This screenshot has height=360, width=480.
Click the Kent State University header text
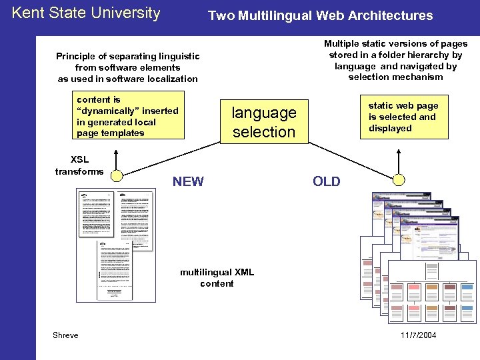click(86, 13)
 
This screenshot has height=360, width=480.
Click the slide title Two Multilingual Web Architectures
click(320, 15)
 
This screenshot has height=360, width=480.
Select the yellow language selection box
click(263, 122)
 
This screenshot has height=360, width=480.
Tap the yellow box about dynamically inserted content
click(128, 116)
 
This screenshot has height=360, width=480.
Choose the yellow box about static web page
click(403, 117)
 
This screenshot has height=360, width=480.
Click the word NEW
click(188, 181)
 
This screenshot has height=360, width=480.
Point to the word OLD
click(326, 181)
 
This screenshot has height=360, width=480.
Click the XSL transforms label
click(79, 165)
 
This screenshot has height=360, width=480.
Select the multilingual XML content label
click(217, 278)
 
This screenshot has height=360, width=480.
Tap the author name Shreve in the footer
click(65, 335)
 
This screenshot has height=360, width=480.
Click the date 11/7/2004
click(419, 335)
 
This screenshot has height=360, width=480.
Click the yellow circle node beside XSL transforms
click(117, 176)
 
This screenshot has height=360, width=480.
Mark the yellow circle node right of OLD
click(399, 179)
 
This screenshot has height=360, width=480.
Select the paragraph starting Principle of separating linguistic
click(127, 67)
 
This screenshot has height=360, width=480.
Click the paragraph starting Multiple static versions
click(395, 60)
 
